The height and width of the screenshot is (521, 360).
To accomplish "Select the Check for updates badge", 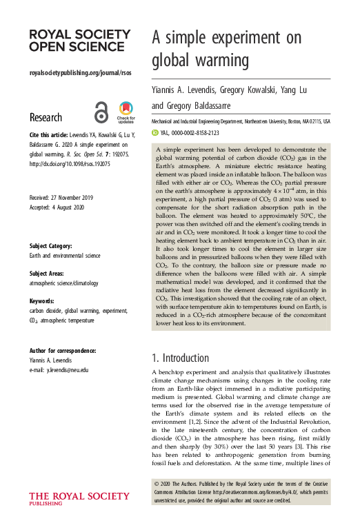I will pyautogui.click(x=126, y=111).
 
